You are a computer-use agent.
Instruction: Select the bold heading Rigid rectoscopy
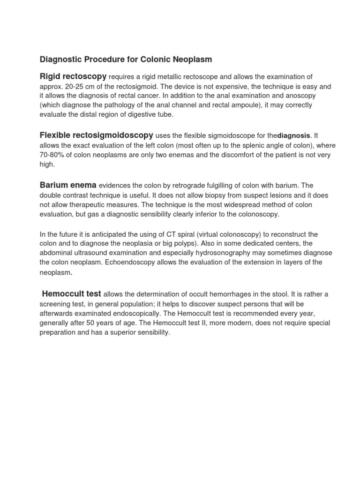coord(73,76)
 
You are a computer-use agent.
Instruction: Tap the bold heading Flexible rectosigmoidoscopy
coord(96,135)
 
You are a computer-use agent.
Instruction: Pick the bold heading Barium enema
coord(68,185)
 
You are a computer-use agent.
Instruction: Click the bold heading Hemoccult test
coord(71,294)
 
